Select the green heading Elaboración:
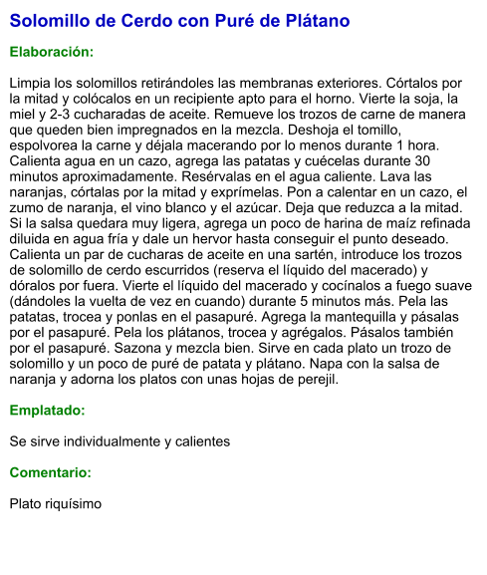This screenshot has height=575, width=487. pyautogui.click(x=51, y=51)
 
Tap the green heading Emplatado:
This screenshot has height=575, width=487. pyautogui.click(x=47, y=410)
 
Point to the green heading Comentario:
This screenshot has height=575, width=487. pyautogui.click(x=50, y=472)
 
